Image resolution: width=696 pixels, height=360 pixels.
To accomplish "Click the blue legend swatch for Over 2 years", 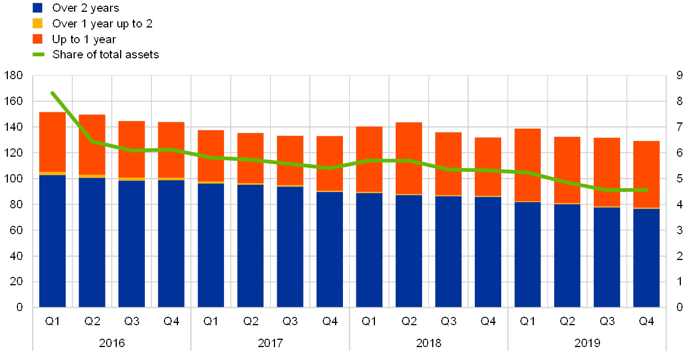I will click(38, 8).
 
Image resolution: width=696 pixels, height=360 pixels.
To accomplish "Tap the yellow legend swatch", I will click(38, 24).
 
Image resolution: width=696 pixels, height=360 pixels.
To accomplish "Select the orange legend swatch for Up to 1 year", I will click(38, 39).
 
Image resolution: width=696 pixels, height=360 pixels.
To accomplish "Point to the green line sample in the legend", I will click(38, 54).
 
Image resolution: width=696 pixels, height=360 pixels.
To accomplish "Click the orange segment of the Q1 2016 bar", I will click(52, 142).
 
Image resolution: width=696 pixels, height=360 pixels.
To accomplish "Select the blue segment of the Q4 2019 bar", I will click(647, 258).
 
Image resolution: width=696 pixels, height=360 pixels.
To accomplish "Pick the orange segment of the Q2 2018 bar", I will click(409, 158).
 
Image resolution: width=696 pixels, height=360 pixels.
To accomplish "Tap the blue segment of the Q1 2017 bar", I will click(210, 245).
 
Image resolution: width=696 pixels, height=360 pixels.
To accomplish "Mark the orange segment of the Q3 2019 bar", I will click(607, 172).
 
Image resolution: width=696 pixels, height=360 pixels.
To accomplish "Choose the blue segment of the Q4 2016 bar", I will click(171, 243).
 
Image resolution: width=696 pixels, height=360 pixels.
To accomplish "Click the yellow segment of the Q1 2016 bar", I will click(52, 174).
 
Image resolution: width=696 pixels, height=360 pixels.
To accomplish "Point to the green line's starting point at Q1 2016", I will click(52, 93).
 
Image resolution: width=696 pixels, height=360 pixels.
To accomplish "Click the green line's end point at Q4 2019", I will click(647, 190).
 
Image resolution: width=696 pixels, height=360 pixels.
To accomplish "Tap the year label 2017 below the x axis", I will click(270, 342).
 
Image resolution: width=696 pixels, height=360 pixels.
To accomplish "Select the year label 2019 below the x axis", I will click(587, 342).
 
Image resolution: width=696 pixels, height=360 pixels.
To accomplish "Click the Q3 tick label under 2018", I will click(448, 321).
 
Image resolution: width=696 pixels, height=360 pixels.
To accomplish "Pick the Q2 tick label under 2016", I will click(92, 321).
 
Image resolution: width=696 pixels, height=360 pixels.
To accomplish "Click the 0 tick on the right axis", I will click(679, 307).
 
